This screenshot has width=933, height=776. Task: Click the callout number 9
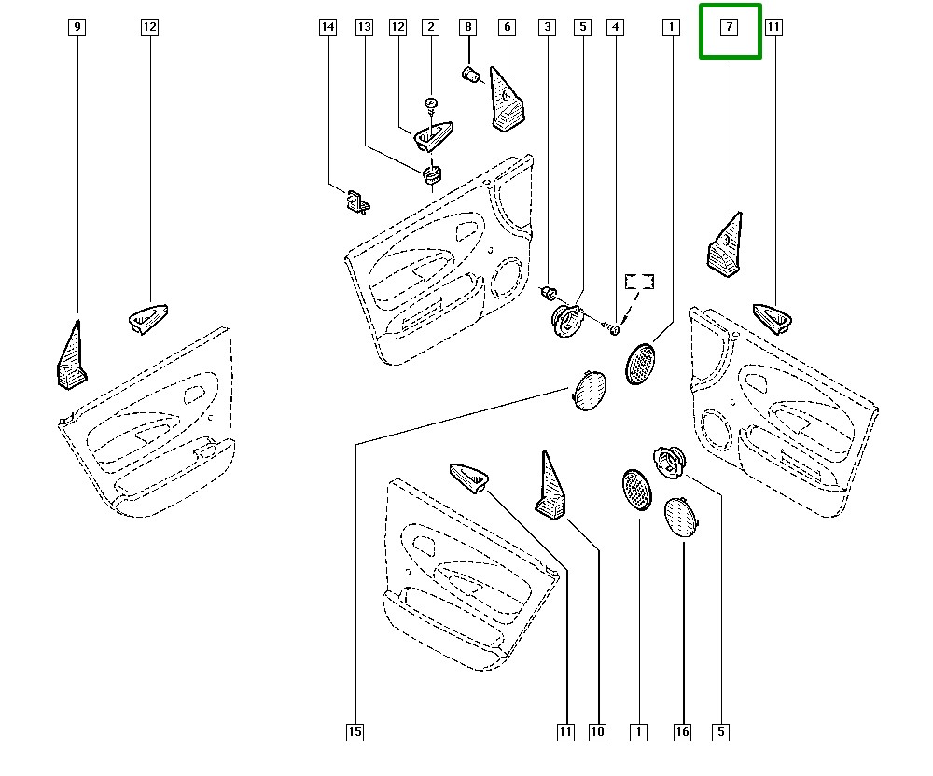coord(77,28)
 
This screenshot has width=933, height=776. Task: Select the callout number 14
coord(327,28)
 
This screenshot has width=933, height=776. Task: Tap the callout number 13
coord(364,28)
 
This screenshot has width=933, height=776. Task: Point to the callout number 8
coord(468,28)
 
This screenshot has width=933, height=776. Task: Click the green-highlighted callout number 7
coord(731,28)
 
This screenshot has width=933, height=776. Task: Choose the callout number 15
coord(355,732)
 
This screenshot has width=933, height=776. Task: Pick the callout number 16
coord(683,732)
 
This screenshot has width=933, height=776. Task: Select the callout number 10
coord(598,732)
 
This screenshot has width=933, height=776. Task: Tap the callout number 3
coord(547,28)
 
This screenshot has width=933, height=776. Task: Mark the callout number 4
coord(615,28)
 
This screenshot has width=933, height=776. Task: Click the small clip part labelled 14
coord(355,201)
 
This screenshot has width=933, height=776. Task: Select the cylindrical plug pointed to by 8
coord(470,73)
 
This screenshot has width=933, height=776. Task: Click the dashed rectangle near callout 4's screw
coord(639,282)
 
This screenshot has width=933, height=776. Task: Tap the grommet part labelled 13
coord(432,174)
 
